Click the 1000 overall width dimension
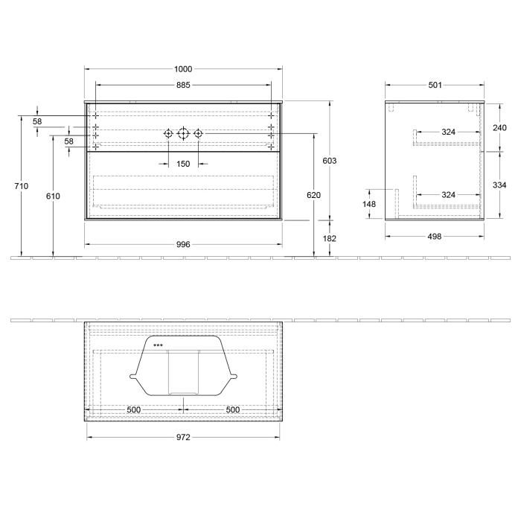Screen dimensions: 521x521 click(x=183, y=69)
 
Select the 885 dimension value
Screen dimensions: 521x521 click(x=183, y=86)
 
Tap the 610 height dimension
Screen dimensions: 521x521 click(x=52, y=196)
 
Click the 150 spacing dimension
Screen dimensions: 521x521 click(x=183, y=164)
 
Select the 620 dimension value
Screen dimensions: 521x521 click(x=313, y=195)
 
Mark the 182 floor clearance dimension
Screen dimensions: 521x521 click(x=330, y=238)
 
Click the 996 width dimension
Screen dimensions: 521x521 click(x=183, y=244)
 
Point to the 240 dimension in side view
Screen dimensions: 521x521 click(x=499, y=127)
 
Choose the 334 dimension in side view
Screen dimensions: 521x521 click(x=499, y=185)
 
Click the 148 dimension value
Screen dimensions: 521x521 click(x=369, y=204)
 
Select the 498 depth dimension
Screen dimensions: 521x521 click(x=435, y=237)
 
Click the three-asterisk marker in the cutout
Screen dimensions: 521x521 click(x=157, y=345)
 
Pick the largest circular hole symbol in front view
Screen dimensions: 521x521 click(x=184, y=133)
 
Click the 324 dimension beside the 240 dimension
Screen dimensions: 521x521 click(x=448, y=132)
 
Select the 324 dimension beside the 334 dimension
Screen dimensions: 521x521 click(x=448, y=195)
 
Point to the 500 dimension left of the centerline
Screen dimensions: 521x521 click(x=134, y=409)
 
